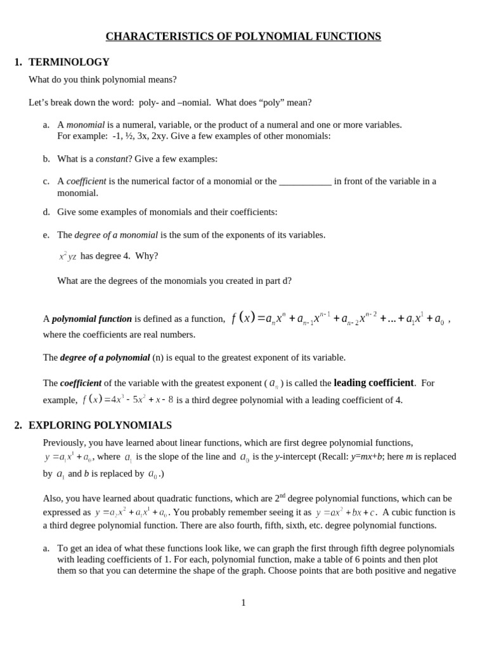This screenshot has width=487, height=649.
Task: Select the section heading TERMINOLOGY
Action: point(69,62)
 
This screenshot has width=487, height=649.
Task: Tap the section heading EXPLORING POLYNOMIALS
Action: point(100,425)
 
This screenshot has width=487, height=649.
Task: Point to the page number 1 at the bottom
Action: point(243,603)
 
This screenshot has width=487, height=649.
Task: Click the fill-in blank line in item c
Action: point(305,181)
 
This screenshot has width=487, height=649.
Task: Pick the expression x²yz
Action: point(67,257)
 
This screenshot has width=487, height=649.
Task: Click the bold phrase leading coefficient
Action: point(373,383)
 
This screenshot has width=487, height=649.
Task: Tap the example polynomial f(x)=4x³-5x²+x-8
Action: point(127,400)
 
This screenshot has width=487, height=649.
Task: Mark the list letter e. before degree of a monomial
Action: point(46,235)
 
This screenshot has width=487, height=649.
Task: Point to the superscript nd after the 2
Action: point(282,496)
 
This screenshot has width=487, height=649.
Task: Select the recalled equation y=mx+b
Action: point(367,457)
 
